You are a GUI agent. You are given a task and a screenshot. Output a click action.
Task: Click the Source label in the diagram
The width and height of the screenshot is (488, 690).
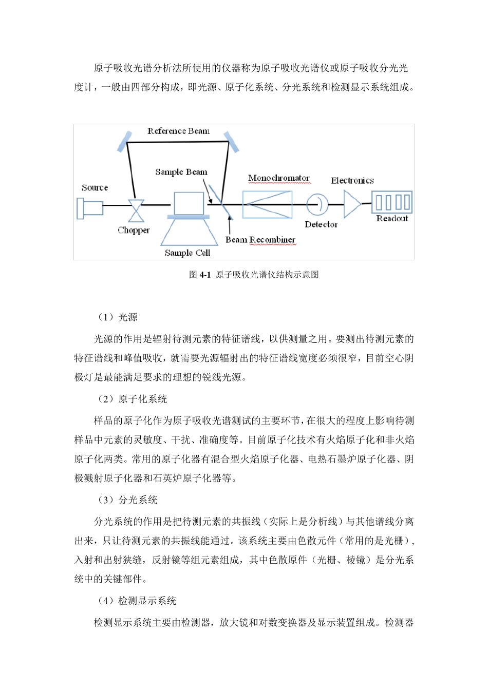(x=95, y=188)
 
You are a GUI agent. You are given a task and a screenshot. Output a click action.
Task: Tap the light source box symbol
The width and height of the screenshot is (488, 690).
(x=90, y=208)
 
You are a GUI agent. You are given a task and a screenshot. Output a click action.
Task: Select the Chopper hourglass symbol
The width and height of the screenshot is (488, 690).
(x=136, y=210)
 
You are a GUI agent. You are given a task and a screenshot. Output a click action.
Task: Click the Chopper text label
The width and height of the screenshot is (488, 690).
(x=134, y=231)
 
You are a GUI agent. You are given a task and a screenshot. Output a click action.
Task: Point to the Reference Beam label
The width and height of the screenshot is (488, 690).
(x=178, y=131)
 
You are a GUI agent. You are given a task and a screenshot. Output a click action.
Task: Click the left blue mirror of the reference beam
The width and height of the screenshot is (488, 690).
(x=124, y=141)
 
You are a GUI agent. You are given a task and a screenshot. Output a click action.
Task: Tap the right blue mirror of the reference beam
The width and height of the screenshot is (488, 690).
(x=231, y=141)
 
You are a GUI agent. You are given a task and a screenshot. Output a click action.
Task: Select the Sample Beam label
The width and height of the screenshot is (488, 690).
(x=181, y=172)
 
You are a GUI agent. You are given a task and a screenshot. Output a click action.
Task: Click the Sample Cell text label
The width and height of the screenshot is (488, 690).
(x=187, y=253)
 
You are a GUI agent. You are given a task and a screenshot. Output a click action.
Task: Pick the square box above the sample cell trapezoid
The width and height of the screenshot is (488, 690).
(x=189, y=203)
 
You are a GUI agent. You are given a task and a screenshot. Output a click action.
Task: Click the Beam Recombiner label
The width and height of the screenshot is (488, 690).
(x=260, y=240)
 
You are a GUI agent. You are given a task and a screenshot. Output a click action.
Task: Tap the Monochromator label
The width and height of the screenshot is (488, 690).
(x=279, y=178)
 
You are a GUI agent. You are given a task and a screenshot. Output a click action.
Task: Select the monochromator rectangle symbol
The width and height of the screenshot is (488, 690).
(x=267, y=204)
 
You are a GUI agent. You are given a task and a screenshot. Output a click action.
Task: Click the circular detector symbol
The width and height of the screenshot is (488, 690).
(x=317, y=204)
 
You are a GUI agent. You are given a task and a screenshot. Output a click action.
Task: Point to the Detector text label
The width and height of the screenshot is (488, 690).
(x=321, y=224)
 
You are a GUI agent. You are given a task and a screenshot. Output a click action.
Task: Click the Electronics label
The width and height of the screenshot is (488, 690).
(x=352, y=181)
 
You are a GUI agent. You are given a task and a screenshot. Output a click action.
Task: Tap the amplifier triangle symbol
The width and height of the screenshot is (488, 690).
(x=351, y=204)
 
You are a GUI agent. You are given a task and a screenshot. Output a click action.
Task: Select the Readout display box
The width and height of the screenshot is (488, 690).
(x=392, y=202)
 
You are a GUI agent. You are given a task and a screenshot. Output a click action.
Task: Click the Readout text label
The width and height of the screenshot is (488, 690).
(x=392, y=218)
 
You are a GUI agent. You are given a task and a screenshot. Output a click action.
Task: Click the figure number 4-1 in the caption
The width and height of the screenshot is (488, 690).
(x=205, y=275)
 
